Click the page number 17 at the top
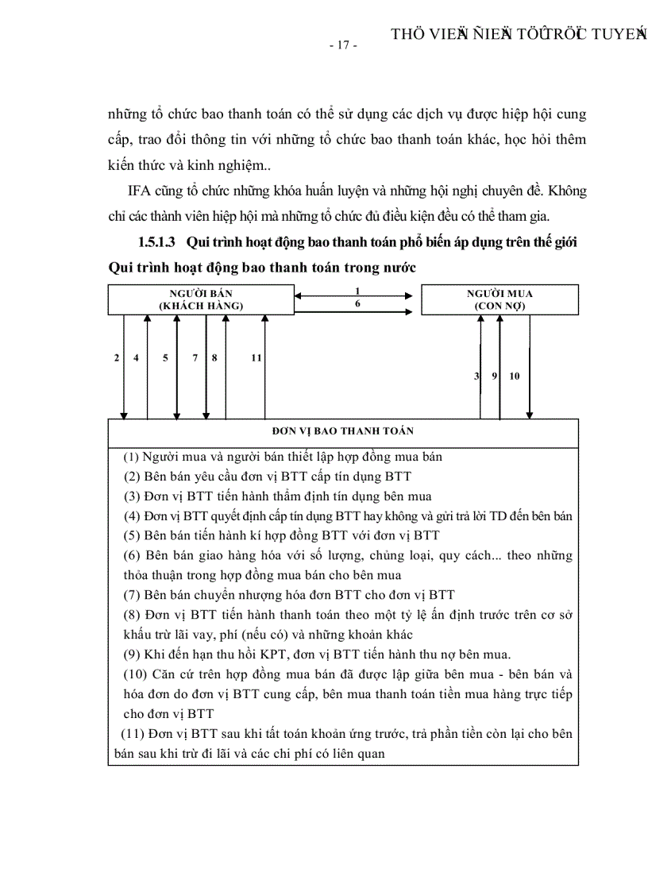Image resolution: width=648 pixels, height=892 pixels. click(x=343, y=45)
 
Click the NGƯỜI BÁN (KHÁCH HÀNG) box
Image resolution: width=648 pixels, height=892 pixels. click(x=200, y=299)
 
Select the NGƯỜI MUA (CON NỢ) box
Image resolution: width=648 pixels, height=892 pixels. click(x=499, y=299)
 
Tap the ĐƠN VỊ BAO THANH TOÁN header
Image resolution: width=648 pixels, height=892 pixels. click(x=342, y=431)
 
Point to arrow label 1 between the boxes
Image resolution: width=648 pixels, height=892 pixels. click(x=358, y=292)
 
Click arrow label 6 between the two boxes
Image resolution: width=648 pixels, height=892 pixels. click(x=358, y=303)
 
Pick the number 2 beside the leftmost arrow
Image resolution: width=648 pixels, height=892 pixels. click(x=117, y=358)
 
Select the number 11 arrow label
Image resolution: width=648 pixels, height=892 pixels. click(x=256, y=358)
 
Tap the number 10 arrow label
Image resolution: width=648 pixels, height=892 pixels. click(x=515, y=376)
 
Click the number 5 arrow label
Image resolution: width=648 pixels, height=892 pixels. click(x=165, y=358)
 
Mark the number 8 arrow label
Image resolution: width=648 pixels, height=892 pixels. click(x=214, y=358)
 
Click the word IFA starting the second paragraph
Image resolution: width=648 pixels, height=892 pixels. click(x=140, y=192)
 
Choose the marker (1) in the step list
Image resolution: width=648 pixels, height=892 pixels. click(x=132, y=457)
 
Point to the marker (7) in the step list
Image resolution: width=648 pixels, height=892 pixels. click(x=132, y=595)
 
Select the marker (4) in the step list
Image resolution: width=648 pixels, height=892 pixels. click(x=132, y=516)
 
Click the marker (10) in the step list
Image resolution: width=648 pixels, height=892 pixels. click(x=135, y=674)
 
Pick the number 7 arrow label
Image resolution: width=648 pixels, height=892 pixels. click(x=195, y=358)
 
